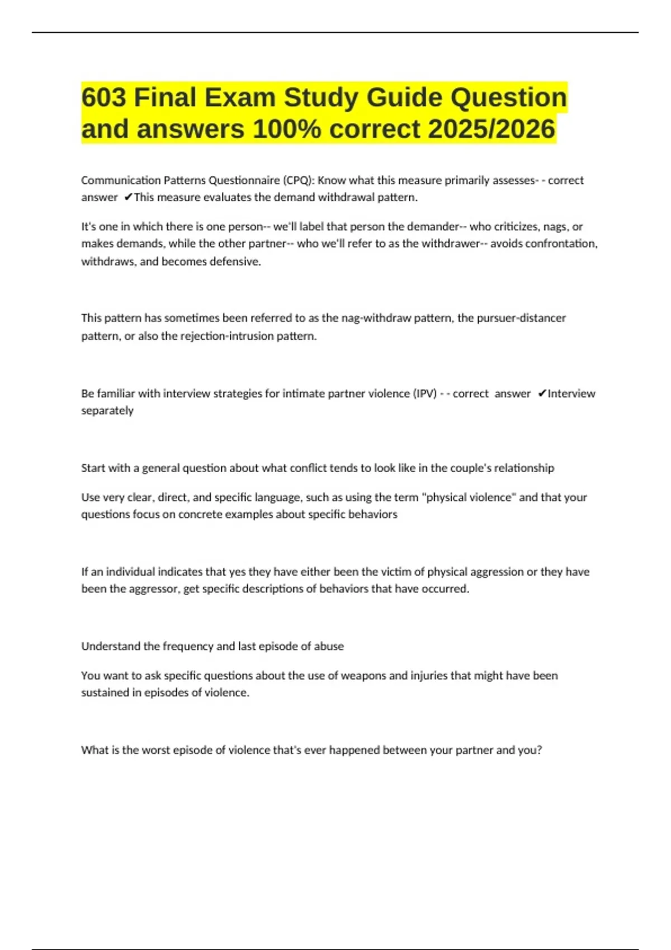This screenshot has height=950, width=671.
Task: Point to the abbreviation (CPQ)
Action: click(x=298, y=180)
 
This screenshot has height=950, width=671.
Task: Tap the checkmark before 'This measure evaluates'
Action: click(x=128, y=197)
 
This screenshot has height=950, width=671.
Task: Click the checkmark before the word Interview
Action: click(x=541, y=393)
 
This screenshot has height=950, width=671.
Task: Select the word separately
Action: click(x=107, y=410)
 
